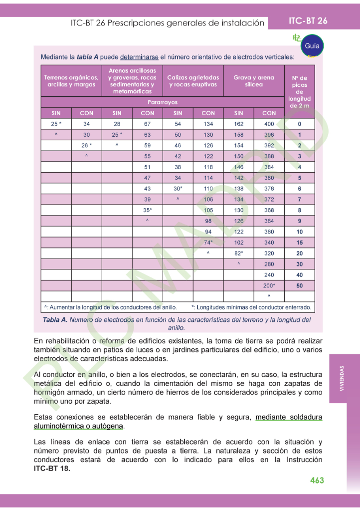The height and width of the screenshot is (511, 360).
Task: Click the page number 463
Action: [317, 480]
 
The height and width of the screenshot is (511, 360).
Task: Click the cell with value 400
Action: [269, 124]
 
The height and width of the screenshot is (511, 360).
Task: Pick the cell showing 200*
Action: [269, 286]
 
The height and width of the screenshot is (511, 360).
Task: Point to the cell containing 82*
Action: [239, 254]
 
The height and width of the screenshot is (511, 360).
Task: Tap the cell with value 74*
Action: [208, 243]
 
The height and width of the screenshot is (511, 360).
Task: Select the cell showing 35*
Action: [148, 210]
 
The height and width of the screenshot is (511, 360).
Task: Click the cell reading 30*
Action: [178, 189]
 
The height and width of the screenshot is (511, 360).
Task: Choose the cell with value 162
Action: [239, 124]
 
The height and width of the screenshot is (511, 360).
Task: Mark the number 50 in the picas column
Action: [300, 286]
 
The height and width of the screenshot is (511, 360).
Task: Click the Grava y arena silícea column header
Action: [254, 81]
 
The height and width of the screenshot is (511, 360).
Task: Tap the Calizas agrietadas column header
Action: [193, 81]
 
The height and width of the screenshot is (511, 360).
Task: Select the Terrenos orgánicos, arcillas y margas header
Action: [71, 81]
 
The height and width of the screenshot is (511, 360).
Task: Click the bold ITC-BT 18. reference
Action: [52, 469]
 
